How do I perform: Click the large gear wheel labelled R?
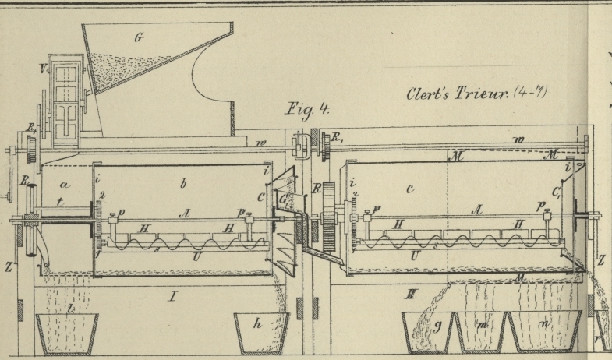[x=328, y=210]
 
